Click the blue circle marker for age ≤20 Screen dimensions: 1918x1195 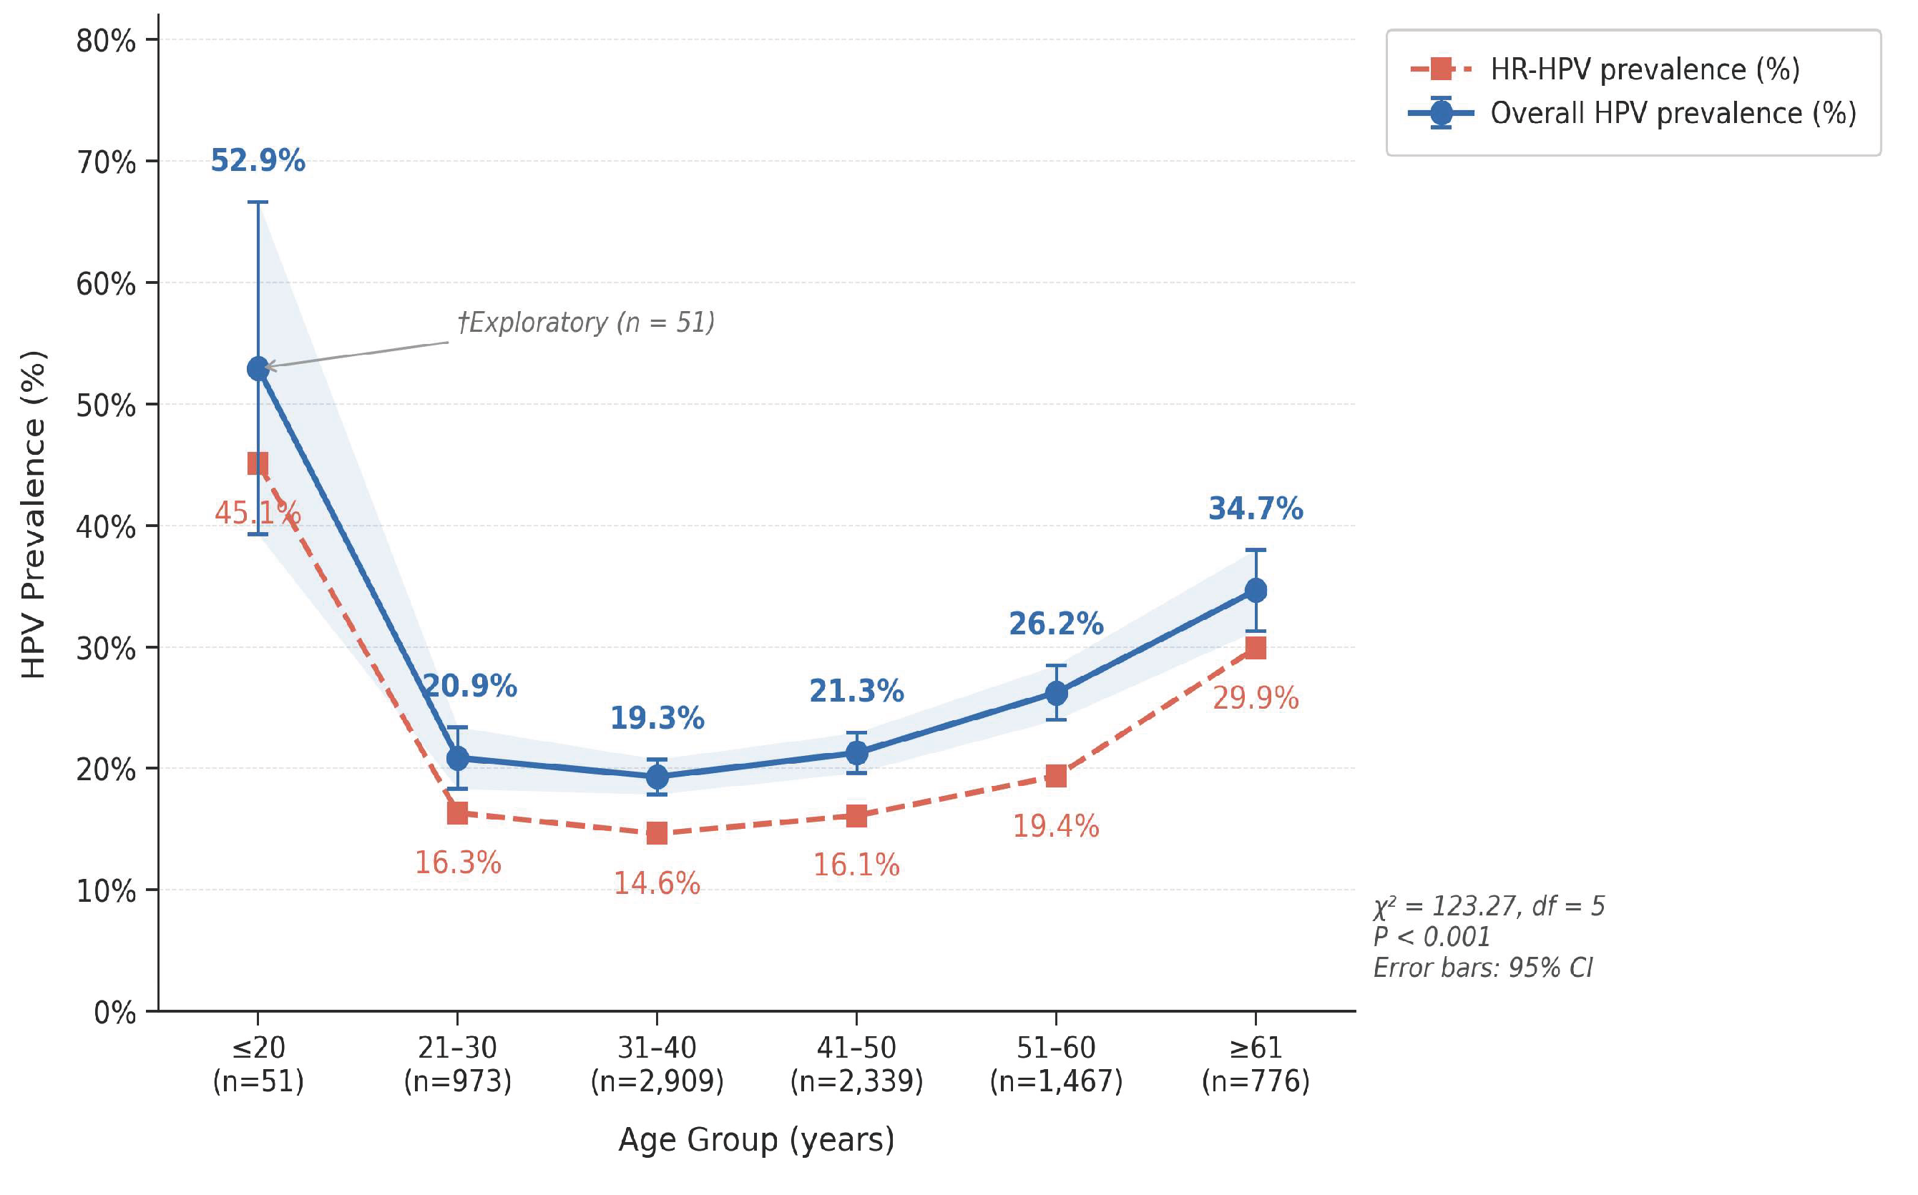pos(258,368)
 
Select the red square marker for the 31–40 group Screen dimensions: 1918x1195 pos(657,833)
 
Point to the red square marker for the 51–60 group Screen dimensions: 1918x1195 pos(1056,775)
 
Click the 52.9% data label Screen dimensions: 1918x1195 pos(258,160)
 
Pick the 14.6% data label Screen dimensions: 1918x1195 pos(657,882)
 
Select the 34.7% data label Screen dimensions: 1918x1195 pos(1256,508)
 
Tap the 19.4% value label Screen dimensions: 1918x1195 pos(1056,826)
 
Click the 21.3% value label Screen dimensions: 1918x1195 pos(856,691)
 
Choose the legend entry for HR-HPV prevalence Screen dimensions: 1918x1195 pos(1605,69)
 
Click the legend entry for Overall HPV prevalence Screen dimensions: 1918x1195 pos(1633,113)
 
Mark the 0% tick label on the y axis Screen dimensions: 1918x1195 pos(114,1013)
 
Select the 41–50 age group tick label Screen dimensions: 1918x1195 pos(856,1064)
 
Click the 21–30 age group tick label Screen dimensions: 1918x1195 pos(458,1064)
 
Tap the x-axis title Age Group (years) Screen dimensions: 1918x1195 pos(757,1140)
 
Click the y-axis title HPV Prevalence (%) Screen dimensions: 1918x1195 pos(33,514)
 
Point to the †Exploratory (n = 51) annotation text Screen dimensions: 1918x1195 pos(586,323)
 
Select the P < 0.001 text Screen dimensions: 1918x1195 pos(1432,937)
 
